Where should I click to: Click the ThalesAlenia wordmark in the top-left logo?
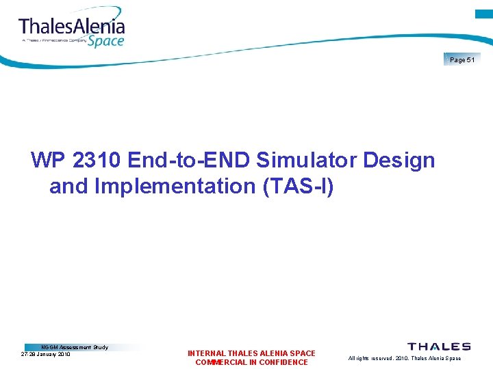(x=72, y=27)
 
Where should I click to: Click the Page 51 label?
(x=462, y=60)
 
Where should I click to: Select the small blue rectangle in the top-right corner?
(x=484, y=14)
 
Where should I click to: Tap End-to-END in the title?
(x=185, y=161)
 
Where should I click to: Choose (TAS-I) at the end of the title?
(x=299, y=186)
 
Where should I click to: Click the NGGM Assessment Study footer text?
(x=75, y=347)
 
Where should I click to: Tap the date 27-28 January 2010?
(x=45, y=355)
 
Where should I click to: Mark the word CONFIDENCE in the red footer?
(x=283, y=362)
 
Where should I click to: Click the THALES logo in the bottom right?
(x=439, y=346)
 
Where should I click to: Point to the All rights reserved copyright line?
(x=404, y=358)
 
